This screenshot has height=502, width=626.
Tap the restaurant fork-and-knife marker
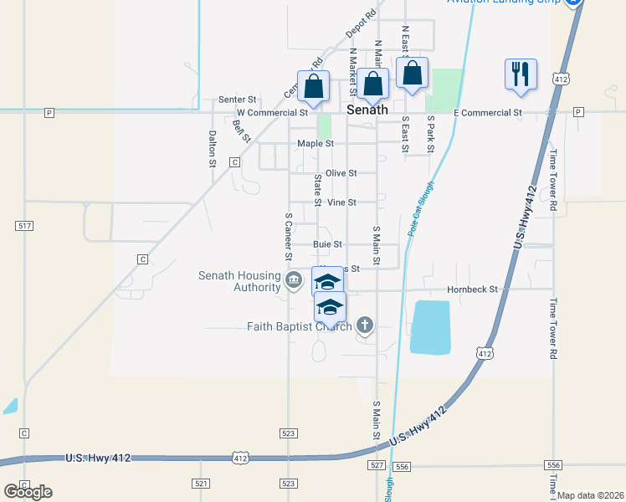click(521, 74)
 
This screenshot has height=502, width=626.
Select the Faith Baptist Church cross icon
click(364, 324)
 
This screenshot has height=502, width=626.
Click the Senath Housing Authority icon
click(293, 279)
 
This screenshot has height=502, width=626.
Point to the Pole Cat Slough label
click(421, 208)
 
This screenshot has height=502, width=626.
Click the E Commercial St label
click(487, 112)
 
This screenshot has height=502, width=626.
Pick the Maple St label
click(316, 144)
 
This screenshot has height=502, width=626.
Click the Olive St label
click(341, 173)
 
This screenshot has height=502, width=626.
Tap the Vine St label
click(341, 202)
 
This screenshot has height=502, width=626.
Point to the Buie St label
click(327, 244)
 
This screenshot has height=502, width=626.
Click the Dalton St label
click(213, 149)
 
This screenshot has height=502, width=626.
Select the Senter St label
click(237, 100)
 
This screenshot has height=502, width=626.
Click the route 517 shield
click(24, 226)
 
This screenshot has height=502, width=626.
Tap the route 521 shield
click(200, 484)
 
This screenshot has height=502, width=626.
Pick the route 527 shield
click(376, 464)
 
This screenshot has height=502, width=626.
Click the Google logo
click(28, 491)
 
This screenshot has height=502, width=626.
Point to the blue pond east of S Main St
click(431, 326)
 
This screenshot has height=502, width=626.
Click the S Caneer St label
click(287, 236)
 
